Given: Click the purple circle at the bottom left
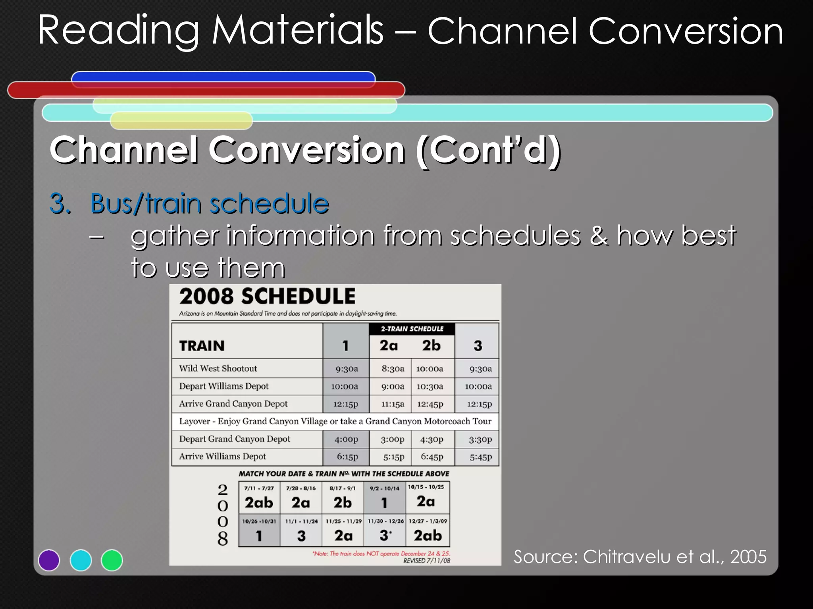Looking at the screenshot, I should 49,560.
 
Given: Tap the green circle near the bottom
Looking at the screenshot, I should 112,560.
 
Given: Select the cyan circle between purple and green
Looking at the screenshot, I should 81,560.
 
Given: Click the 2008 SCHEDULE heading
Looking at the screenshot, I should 267,297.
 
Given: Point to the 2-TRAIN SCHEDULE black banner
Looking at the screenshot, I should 412,329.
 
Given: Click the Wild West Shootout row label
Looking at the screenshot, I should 218,368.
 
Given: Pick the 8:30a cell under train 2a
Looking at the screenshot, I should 393,369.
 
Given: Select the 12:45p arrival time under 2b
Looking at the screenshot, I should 430,404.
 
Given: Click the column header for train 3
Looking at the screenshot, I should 478,345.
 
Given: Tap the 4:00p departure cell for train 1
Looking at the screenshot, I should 346,439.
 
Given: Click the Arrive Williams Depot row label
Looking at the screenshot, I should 222,456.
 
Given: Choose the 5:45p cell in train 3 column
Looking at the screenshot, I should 480,457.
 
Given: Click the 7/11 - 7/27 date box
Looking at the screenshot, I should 259,498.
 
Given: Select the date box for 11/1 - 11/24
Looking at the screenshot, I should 301,530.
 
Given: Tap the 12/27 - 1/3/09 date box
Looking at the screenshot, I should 428,530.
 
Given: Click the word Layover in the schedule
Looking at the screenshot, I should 194,421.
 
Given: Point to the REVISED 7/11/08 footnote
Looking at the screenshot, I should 426,561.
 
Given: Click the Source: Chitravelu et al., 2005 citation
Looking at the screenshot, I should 640,557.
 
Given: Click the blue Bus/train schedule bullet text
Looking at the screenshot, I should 209,203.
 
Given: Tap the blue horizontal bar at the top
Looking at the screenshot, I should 223,77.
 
